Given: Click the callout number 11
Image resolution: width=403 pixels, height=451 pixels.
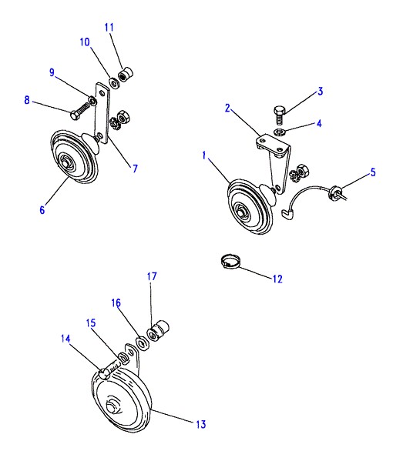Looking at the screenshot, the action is (109, 28).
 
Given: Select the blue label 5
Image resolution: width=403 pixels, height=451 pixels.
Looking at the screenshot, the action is (373, 172).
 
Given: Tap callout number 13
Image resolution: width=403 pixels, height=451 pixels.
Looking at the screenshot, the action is (201, 424).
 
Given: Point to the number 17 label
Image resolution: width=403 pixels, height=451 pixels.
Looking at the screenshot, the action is (152, 276).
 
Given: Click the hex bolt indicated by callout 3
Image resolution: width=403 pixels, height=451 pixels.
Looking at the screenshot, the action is (279, 115).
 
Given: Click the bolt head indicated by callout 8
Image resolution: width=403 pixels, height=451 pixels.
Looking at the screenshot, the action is (74, 115).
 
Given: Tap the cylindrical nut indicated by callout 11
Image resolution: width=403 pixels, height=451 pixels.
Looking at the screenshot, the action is (126, 74).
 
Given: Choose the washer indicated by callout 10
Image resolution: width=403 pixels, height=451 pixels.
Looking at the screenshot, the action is (114, 82).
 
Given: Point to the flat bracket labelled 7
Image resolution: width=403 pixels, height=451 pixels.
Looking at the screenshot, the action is (102, 113).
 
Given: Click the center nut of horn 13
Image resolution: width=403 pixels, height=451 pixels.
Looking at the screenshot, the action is (111, 407).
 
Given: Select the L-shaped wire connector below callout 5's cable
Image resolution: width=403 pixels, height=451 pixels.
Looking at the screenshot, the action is (288, 214).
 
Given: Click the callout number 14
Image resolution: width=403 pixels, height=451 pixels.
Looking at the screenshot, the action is (65, 339).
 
